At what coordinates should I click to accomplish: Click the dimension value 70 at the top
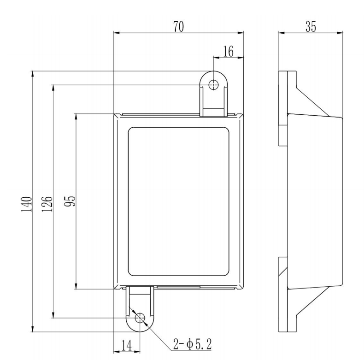(178, 27)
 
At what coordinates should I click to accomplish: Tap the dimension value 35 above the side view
(311, 27)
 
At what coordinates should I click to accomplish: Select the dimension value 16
(229, 51)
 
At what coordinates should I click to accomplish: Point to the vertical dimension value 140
(26, 204)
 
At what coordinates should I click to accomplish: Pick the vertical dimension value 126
(47, 204)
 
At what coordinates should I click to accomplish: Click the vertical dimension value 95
(70, 201)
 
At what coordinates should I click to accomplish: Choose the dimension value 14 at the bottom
(127, 345)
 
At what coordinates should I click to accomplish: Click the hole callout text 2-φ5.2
(193, 344)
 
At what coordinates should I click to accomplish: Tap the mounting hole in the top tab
(213, 85)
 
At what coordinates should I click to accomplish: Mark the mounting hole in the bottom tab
(140, 318)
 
